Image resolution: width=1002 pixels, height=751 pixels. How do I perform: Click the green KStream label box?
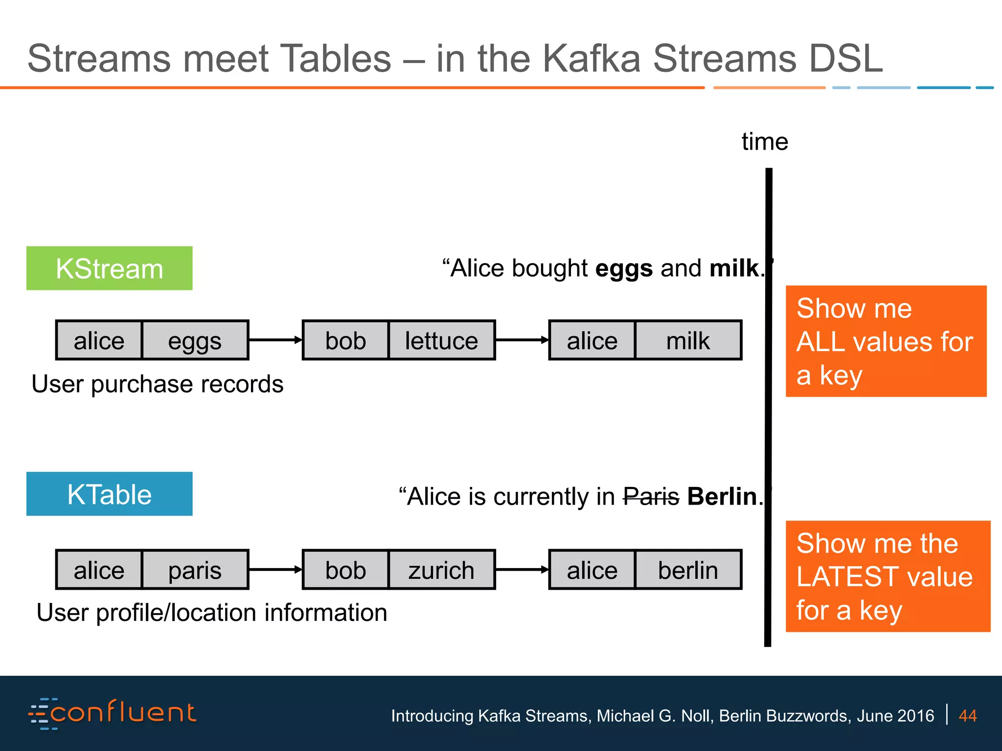109,268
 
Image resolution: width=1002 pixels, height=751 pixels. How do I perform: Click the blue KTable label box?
109,494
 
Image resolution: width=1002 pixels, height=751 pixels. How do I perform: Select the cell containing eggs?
195,340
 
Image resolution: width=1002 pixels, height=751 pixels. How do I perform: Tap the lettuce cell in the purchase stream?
441,340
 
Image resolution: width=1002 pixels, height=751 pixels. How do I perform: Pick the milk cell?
687,340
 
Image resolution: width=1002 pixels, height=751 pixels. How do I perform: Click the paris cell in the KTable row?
195,570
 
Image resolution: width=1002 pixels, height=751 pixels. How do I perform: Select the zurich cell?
441,570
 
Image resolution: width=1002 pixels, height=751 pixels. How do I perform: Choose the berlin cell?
687,570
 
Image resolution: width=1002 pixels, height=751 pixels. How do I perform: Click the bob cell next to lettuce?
345,340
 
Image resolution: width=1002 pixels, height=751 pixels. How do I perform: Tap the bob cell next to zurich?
345,570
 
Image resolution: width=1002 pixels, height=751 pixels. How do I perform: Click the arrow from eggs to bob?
275,340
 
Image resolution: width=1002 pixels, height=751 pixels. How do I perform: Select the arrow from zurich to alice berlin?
522,569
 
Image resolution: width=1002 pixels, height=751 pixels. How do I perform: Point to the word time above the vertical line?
765,142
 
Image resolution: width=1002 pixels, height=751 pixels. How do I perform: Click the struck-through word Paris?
651,497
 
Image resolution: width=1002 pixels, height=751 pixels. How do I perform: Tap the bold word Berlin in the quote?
722,497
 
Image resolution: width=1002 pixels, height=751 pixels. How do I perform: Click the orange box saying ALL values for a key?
886,341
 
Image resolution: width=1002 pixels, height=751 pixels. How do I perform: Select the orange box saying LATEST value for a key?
888,576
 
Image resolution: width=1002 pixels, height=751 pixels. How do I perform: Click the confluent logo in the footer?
113,713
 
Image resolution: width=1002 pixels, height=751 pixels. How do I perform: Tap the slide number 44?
967,716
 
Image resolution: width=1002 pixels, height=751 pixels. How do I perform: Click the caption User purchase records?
157,384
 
